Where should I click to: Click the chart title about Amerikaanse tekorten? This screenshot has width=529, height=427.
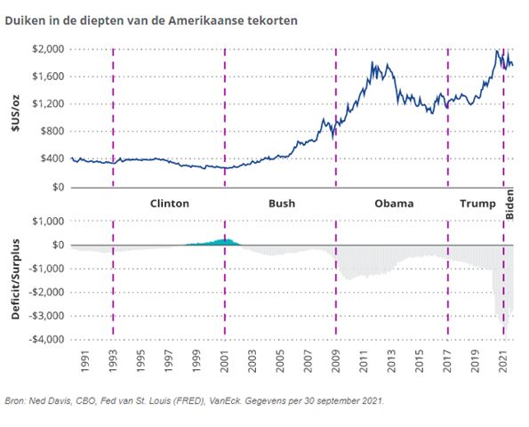[x=150, y=18]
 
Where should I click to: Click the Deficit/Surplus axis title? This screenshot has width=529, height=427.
[x=13, y=280]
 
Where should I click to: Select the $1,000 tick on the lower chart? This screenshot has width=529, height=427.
[x=45, y=222]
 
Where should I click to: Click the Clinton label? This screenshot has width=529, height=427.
[x=170, y=204]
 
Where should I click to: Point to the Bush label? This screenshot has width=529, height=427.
[x=281, y=204]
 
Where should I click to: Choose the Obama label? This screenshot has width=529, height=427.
[x=393, y=204]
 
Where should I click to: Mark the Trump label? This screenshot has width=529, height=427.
[x=477, y=204]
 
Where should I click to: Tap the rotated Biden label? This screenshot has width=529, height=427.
[x=510, y=204]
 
